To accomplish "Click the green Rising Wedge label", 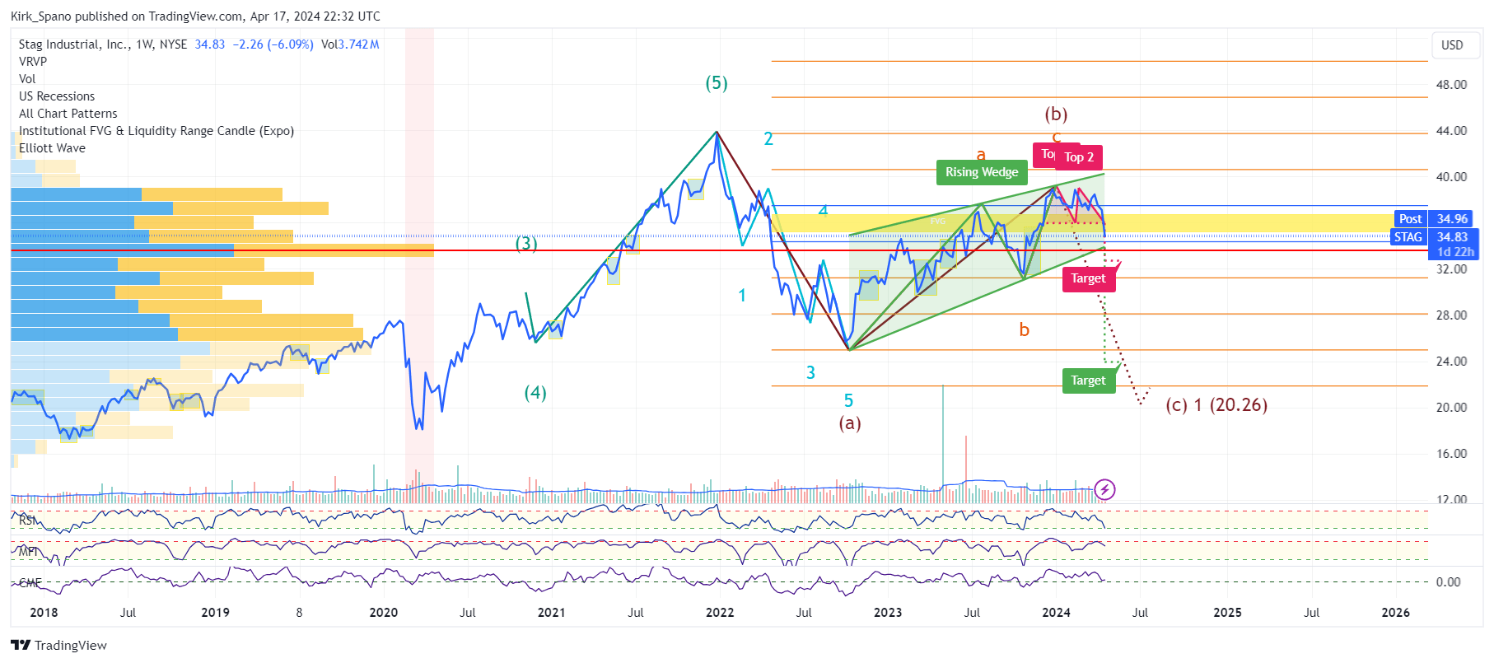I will click(981, 172).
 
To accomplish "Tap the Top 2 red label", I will click(1079, 157).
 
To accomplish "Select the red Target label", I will click(1088, 279).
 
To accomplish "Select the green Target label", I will click(1088, 381).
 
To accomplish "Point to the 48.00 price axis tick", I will click(1451, 84).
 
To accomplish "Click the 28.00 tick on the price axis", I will click(1451, 315).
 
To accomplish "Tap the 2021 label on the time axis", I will click(551, 612).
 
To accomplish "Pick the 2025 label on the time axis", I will click(1227, 612).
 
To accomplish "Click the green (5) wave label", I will click(717, 83).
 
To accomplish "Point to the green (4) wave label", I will click(535, 393).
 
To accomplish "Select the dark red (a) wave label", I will click(850, 423).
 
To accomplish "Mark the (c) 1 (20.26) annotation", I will click(1216, 405).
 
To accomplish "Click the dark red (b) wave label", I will click(1056, 114).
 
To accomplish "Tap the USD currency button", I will click(1452, 45).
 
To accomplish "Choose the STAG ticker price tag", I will click(1408, 237).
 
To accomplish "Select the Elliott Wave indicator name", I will click(52, 148).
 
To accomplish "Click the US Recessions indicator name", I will click(57, 96).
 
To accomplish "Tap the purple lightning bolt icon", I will click(1104, 490).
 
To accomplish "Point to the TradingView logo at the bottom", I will click(58, 645).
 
